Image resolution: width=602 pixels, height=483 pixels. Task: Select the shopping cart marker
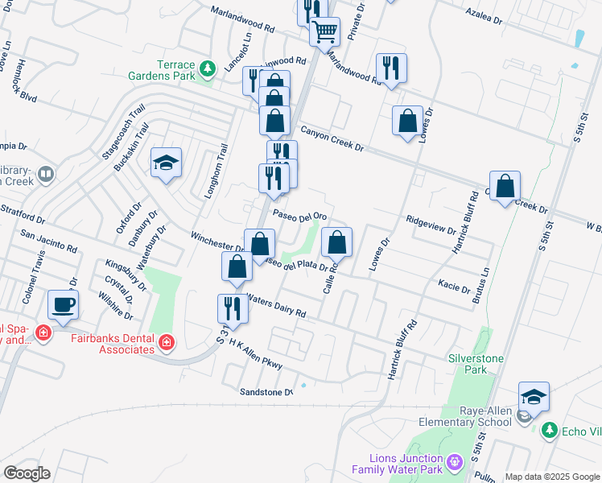(325, 34)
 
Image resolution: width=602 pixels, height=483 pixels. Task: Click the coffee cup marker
(63, 305)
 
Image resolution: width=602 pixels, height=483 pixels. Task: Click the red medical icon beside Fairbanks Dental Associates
(167, 344)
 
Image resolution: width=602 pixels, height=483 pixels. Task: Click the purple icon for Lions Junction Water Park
(454, 463)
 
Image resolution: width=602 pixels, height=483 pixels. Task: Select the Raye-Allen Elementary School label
(463, 415)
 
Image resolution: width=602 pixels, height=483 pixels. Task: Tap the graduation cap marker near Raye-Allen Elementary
(533, 397)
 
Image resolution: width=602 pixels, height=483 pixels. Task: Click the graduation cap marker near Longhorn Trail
(166, 163)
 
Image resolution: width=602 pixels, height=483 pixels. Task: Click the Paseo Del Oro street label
(299, 216)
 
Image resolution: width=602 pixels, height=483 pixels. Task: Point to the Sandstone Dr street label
(266, 392)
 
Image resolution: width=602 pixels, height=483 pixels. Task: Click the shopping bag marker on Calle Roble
(337, 243)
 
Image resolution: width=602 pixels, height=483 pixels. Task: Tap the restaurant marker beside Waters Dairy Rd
(232, 308)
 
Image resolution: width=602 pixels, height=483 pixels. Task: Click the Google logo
(27, 473)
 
